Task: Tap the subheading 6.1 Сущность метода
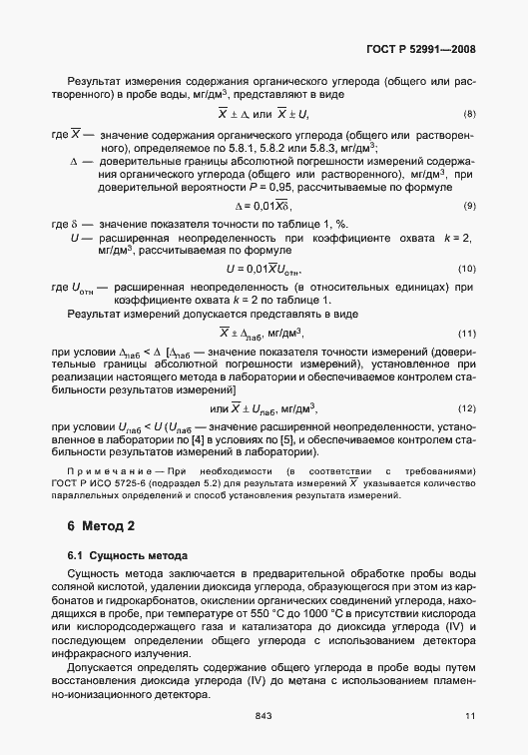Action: pyautogui.click(x=118, y=554)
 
